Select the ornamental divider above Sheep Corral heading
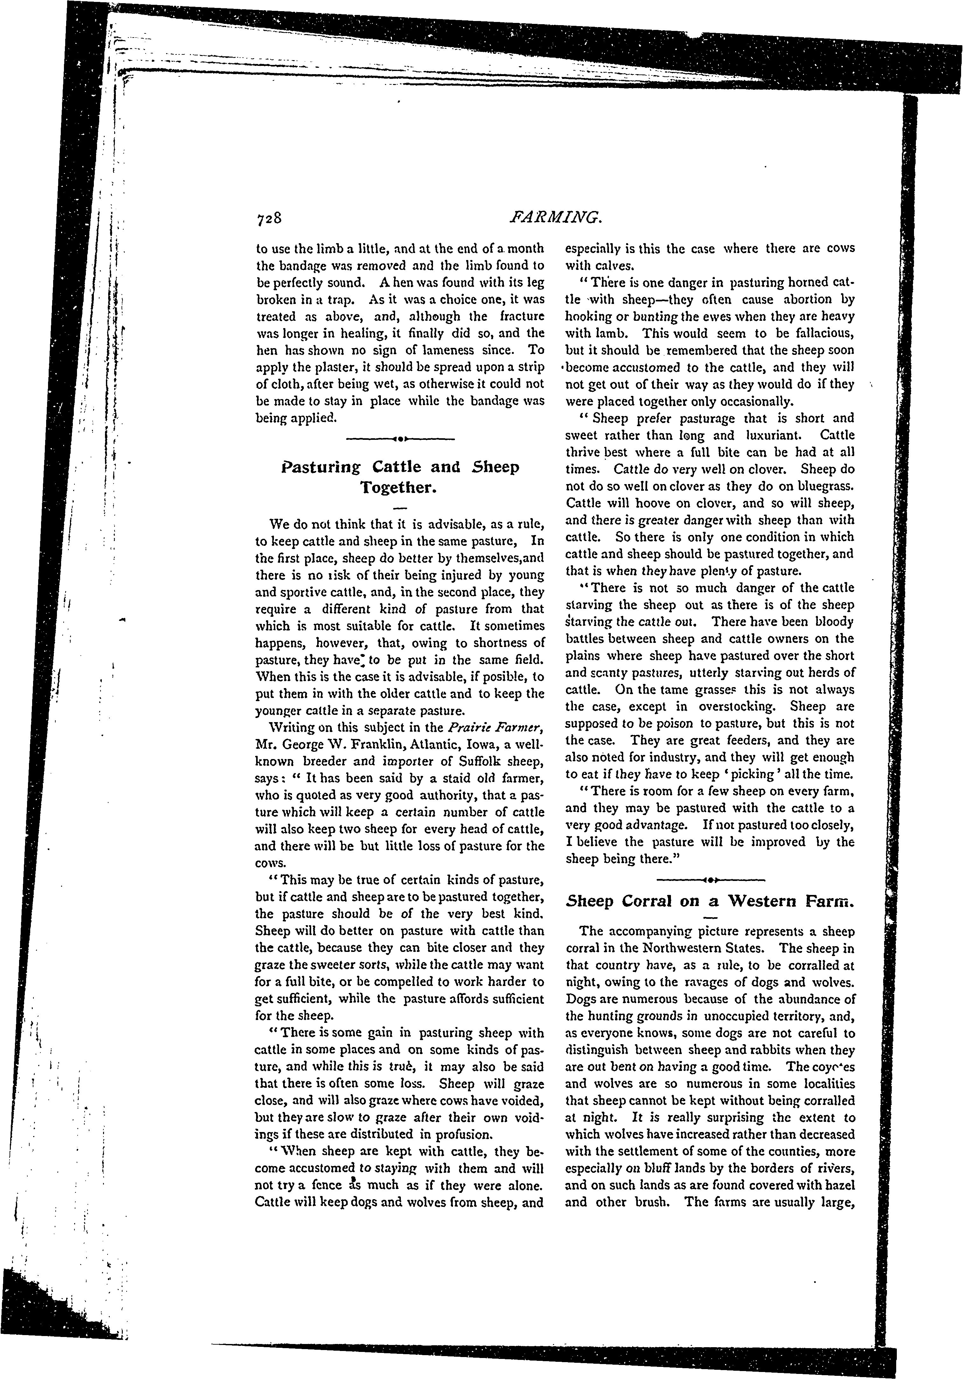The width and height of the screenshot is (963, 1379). [710, 881]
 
